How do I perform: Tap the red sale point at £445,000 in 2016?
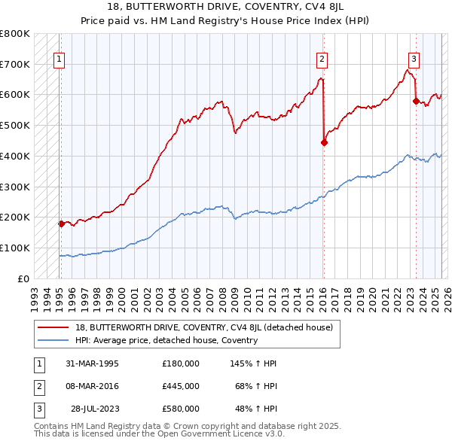coord(324,141)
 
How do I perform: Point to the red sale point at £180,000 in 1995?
coord(61,223)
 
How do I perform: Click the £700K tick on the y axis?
coord(15,64)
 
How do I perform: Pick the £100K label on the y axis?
coord(15,248)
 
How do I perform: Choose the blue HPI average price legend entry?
coord(166,340)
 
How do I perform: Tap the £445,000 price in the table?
coord(181,386)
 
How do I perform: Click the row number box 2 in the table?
coord(37,386)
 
